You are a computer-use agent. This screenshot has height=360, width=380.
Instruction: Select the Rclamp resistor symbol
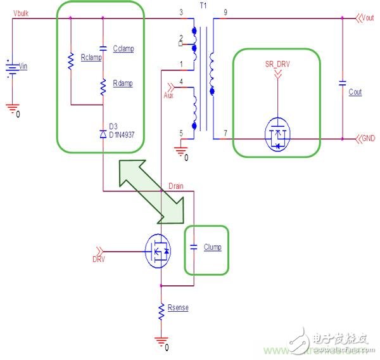point(70,59)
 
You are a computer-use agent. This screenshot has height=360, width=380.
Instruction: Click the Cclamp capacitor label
point(123,48)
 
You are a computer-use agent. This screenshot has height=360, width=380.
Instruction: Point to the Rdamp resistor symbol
point(103,87)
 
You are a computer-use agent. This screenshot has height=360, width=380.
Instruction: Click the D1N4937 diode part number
point(125,134)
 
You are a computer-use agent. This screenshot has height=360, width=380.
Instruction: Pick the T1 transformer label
point(204,4)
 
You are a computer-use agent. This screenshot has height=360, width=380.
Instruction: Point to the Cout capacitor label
point(355,92)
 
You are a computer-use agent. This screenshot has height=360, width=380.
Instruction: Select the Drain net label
point(175,185)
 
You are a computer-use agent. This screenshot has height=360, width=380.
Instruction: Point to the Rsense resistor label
point(179,308)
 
